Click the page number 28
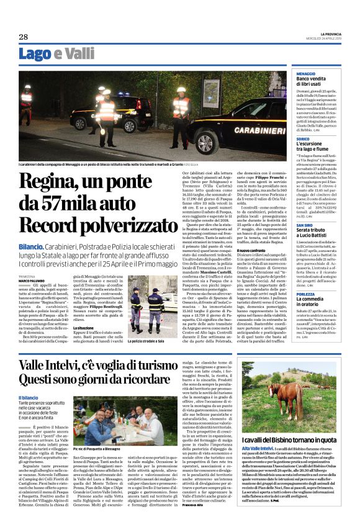pyautogui.click(x=24, y=37)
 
